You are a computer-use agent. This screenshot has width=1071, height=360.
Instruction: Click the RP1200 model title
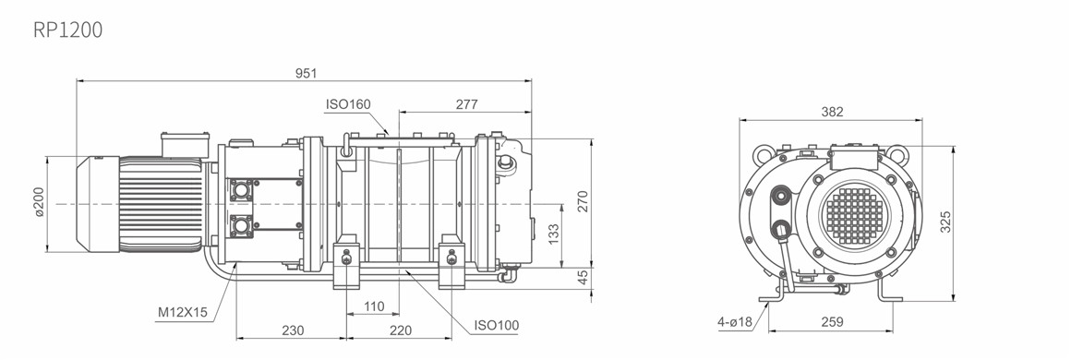[67, 30]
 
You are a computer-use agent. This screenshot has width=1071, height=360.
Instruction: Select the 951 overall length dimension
[306, 73]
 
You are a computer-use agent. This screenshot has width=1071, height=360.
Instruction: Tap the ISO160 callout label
[348, 104]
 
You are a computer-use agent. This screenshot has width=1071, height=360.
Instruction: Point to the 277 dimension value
[466, 104]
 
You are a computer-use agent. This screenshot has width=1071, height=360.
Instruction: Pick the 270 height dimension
[582, 201]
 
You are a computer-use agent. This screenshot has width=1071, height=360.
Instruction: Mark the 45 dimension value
[582, 278]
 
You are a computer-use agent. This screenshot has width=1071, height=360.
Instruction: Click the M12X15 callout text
[183, 312]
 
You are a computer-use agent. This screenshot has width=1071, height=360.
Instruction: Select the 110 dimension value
[374, 306]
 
